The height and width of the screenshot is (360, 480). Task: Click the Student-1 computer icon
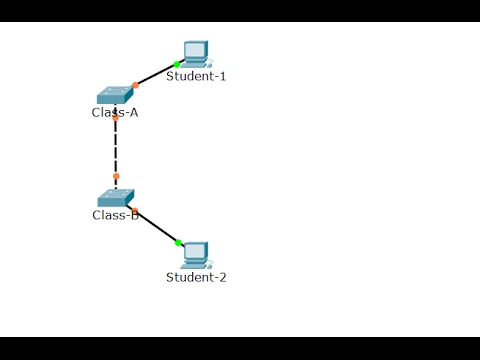point(196,53)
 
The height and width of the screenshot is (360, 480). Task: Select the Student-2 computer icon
point(196,255)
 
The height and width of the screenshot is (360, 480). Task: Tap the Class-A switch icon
point(115,96)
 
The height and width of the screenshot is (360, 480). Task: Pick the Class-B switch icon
point(115,198)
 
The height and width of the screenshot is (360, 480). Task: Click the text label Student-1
point(196,76)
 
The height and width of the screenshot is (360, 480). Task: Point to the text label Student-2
point(196,277)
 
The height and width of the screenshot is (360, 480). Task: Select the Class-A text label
point(115,112)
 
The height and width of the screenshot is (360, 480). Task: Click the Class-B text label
point(115,215)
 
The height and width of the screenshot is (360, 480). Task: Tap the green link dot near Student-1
point(177,64)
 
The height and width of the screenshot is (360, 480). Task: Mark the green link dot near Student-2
point(178,242)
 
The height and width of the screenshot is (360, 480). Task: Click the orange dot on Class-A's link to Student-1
point(136,85)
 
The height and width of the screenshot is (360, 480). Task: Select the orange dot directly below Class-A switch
point(116,117)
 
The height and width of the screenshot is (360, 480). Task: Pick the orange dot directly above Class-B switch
point(116,176)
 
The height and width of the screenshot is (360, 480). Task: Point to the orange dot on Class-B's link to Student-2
point(135,210)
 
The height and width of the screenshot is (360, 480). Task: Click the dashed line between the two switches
point(116,148)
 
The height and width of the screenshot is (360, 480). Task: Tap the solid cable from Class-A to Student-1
point(156,75)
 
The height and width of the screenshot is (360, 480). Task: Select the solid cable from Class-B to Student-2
point(157,227)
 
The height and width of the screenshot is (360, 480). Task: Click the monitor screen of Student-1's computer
point(196,49)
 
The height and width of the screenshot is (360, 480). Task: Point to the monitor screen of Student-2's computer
point(196,251)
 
